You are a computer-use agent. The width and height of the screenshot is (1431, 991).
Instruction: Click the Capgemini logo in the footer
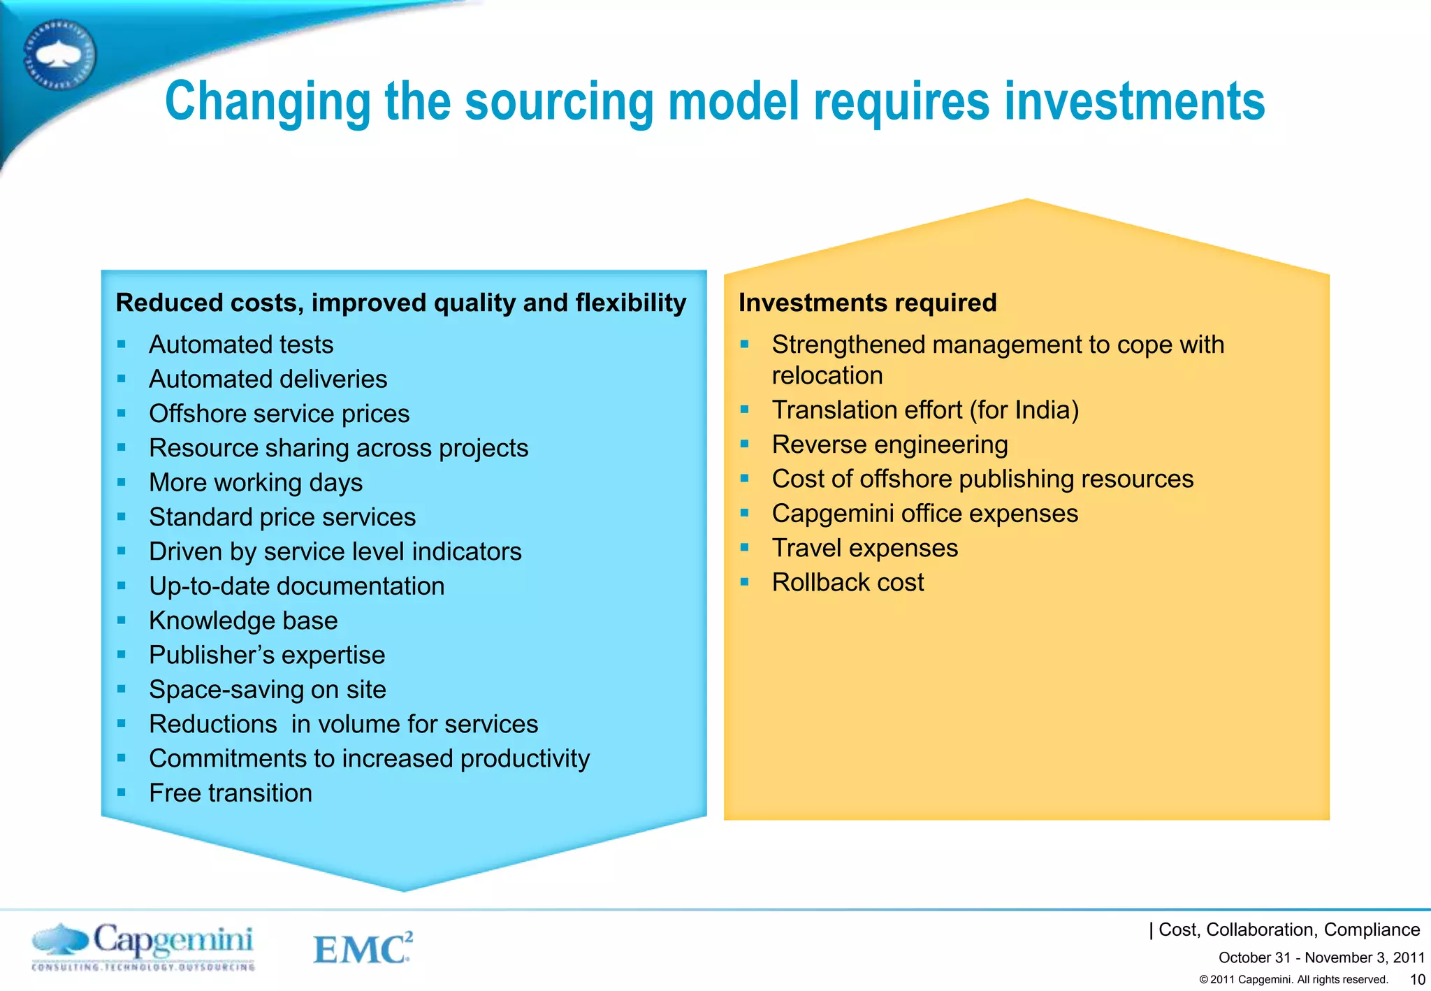tap(143, 946)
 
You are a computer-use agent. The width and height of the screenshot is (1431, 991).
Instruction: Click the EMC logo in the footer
tap(362, 948)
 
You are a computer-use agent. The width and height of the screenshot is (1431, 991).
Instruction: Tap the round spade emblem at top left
tap(59, 55)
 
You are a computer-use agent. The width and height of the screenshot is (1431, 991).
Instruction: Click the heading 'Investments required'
tap(867, 303)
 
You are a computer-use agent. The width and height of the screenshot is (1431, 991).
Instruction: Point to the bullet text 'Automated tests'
tap(241, 345)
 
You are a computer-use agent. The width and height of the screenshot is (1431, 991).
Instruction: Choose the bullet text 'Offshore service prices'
tap(279, 414)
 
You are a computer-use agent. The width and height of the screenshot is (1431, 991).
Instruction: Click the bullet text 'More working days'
tap(256, 483)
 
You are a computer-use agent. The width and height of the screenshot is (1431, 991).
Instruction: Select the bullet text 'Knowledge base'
tap(243, 621)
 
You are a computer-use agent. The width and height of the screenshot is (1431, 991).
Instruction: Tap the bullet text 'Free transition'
tap(231, 793)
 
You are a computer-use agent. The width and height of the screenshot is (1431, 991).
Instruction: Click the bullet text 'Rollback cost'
tap(848, 582)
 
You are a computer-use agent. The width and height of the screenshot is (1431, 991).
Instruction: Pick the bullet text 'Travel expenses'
tap(864, 548)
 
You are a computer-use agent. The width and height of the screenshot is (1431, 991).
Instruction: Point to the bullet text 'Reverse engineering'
tap(889, 444)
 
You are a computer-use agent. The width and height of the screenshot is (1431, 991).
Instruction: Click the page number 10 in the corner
tap(1417, 979)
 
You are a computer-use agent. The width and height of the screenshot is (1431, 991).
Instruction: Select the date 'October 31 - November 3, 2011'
tap(1321, 957)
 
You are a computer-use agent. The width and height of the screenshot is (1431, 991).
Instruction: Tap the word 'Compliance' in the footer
tap(1372, 929)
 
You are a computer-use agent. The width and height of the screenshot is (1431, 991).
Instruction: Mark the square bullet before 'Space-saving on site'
tap(122, 689)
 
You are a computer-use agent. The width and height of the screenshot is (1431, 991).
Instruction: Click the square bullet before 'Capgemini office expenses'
tap(745, 513)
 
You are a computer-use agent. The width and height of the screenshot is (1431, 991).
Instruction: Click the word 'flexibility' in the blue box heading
tap(630, 303)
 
